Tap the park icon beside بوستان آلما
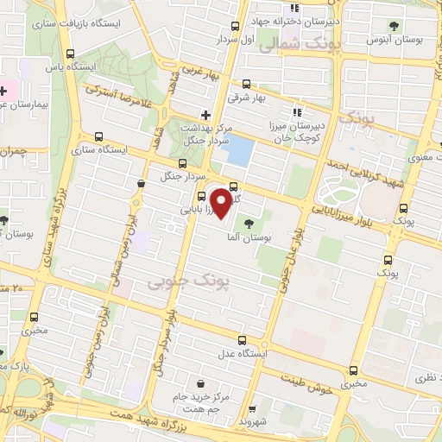249,224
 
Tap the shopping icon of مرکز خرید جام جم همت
200,384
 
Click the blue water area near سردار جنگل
237,151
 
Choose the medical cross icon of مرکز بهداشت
205,114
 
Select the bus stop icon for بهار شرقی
248,85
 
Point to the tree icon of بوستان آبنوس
395,26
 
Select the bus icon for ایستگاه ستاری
98,136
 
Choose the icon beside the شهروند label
251,408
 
